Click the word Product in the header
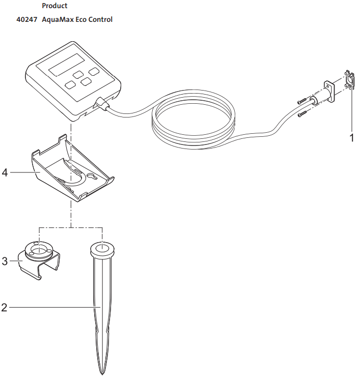(x=54, y=6)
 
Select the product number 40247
(x=26, y=20)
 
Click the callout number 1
(x=351, y=137)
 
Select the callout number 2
(x=5, y=307)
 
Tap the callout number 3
(x=5, y=261)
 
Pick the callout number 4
(x=5, y=173)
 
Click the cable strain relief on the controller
(x=102, y=104)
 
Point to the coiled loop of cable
(x=193, y=120)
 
